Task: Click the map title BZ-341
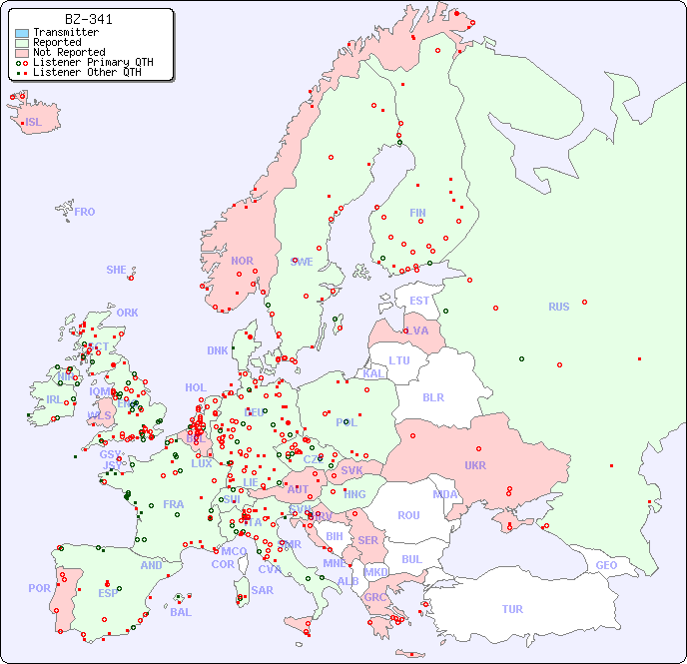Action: [88, 19]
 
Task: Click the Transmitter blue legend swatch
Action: [22, 33]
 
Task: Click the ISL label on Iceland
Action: [34, 123]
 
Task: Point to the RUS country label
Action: [558, 307]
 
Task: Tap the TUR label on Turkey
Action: [512, 609]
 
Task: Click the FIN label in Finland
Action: [417, 213]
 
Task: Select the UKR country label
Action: [475, 465]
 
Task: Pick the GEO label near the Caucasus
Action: [606, 565]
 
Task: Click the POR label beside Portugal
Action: [39, 588]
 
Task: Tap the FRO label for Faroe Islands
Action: [85, 212]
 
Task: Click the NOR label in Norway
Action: [242, 261]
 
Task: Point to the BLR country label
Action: [432, 396]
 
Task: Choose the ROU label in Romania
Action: [408, 515]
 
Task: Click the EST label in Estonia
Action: [419, 301]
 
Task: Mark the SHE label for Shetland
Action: [117, 270]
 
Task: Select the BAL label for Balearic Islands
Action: [181, 612]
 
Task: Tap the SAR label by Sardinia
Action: [262, 590]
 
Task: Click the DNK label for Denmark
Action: [218, 350]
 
